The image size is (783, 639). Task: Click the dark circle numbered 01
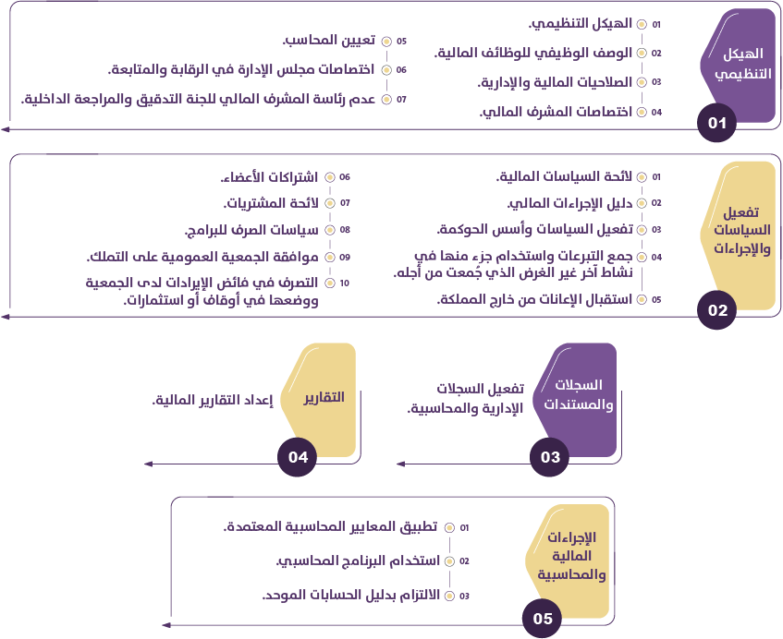[x=716, y=123]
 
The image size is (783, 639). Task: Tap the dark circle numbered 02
[x=718, y=310]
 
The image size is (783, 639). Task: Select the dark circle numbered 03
[x=550, y=456]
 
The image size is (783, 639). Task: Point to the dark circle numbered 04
[x=298, y=456]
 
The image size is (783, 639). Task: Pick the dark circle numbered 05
[x=543, y=619]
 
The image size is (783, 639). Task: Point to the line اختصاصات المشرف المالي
[x=557, y=112]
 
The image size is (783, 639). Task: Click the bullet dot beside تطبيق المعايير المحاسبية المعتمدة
[x=449, y=528]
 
